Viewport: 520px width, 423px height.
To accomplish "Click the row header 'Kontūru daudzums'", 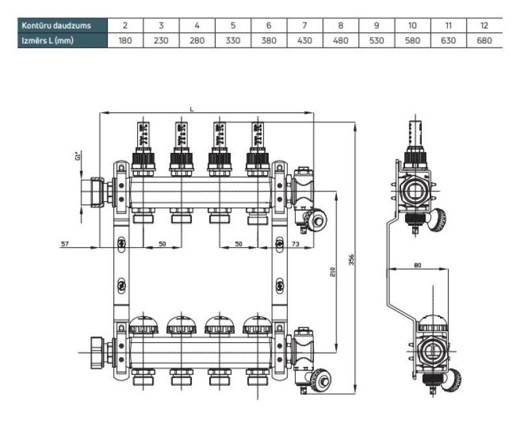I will click(55, 25).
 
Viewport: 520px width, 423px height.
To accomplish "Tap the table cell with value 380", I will click(268, 40).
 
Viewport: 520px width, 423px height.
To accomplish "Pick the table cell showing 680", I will click(484, 40).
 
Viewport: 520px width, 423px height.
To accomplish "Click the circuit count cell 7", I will click(304, 25).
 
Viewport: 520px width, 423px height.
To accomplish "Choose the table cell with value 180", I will click(125, 40).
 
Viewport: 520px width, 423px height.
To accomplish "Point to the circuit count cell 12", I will click(484, 25).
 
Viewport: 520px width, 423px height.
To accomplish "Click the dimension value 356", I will click(352, 258).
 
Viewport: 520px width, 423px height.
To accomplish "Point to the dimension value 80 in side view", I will click(416, 265).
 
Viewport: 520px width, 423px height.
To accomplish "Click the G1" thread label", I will click(77, 157).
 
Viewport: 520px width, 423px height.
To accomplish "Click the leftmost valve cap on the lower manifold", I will click(144, 325).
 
